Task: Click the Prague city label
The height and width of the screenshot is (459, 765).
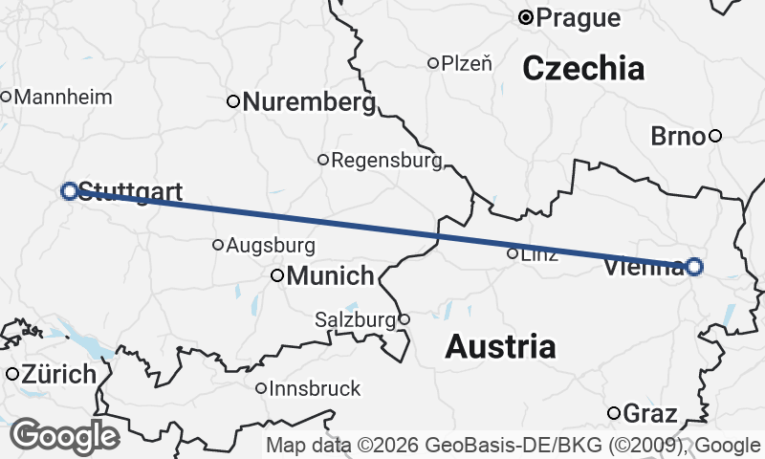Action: (578, 17)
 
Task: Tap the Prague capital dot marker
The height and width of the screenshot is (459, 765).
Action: (525, 16)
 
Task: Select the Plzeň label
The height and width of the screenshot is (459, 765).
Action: (467, 63)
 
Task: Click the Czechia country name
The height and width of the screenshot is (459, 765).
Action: (583, 68)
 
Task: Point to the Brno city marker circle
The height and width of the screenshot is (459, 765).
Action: (714, 136)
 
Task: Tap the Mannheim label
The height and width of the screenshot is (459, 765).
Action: (63, 97)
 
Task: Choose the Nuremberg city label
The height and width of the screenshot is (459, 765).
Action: (308, 101)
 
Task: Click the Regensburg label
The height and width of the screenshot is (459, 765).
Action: (386, 160)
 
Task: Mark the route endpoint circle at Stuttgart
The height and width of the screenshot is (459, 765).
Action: (69, 191)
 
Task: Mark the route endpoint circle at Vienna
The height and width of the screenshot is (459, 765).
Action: (694, 267)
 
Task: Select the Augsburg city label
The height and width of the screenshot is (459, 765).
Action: (270, 245)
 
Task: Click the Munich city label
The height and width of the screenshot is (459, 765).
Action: (330, 276)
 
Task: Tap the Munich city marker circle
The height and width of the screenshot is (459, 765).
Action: (277, 275)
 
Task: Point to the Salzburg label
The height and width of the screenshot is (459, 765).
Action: (354, 319)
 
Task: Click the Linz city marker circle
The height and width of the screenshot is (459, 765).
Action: (513, 253)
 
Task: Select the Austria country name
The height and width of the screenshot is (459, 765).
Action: (500, 346)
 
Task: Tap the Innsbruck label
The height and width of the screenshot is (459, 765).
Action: (315, 388)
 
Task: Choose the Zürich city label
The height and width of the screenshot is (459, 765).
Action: (60, 374)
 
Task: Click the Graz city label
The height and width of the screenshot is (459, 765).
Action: (649, 414)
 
